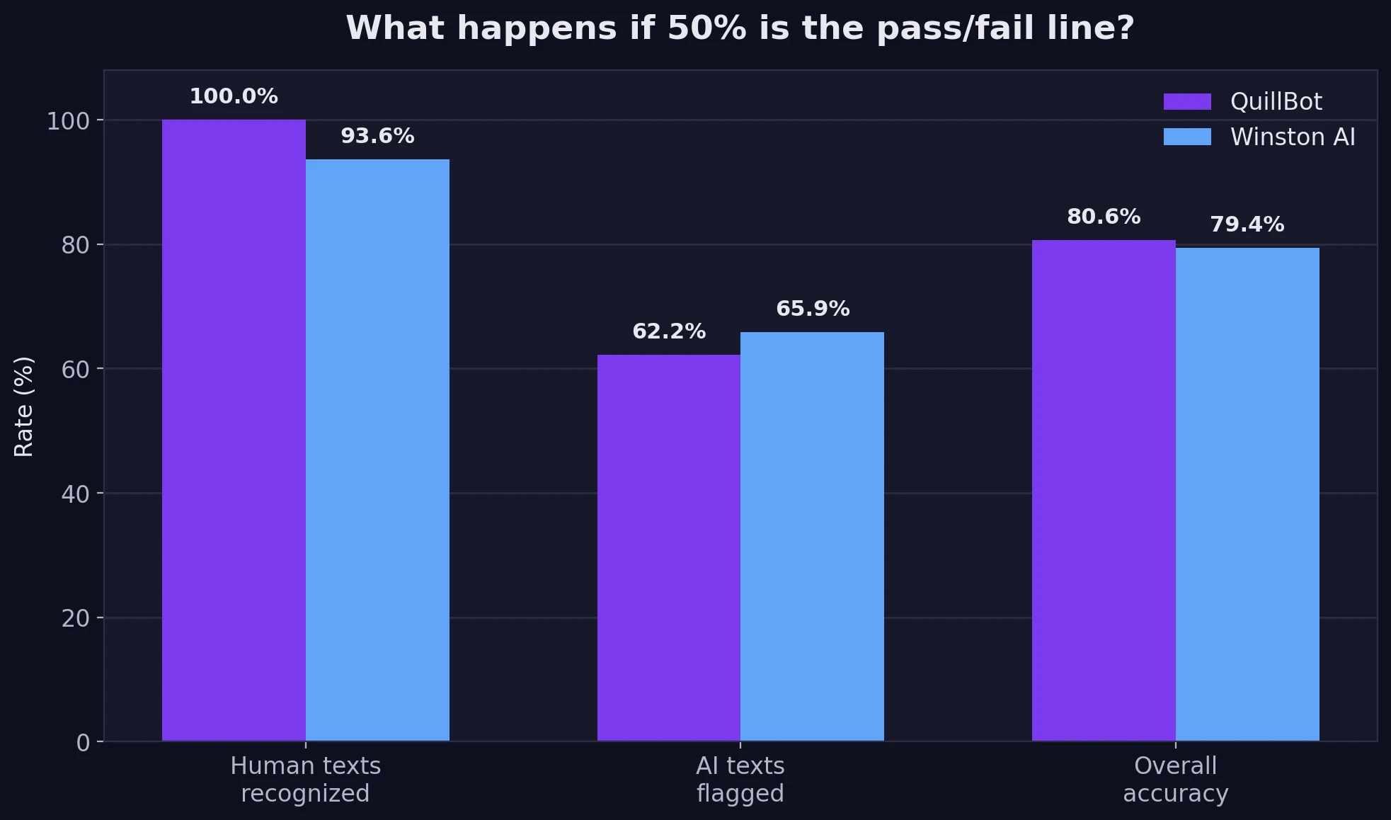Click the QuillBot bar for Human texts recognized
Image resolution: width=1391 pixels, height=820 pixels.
click(234, 431)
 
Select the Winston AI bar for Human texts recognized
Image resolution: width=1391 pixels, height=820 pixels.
click(377, 450)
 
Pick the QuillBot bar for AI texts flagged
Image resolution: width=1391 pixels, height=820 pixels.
click(669, 548)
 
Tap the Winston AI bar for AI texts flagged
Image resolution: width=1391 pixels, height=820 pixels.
click(812, 537)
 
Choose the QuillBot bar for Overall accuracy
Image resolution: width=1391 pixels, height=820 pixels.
click(1104, 491)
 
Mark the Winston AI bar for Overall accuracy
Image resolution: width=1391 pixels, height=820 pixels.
click(1247, 494)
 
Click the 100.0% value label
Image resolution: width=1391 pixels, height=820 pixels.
click(234, 96)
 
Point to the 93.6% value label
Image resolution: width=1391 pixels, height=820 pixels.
click(377, 136)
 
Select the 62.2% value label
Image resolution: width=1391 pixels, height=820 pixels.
click(669, 331)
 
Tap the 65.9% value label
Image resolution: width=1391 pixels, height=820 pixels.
click(813, 309)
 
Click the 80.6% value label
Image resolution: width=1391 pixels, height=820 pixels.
click(1104, 217)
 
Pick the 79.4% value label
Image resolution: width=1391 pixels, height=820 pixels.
click(1247, 224)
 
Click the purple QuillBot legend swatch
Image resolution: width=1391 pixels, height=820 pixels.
click(1187, 102)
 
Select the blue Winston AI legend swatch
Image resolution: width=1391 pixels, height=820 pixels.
click(1187, 137)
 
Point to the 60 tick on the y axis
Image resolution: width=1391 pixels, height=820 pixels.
click(75, 370)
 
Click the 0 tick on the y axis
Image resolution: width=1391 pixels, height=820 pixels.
click(83, 743)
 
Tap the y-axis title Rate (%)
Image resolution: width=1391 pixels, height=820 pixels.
click(24, 406)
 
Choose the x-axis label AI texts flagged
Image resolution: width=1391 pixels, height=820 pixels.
click(740, 779)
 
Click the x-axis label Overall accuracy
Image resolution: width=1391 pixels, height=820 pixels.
click(1175, 779)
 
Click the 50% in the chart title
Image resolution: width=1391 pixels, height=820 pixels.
click(706, 28)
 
